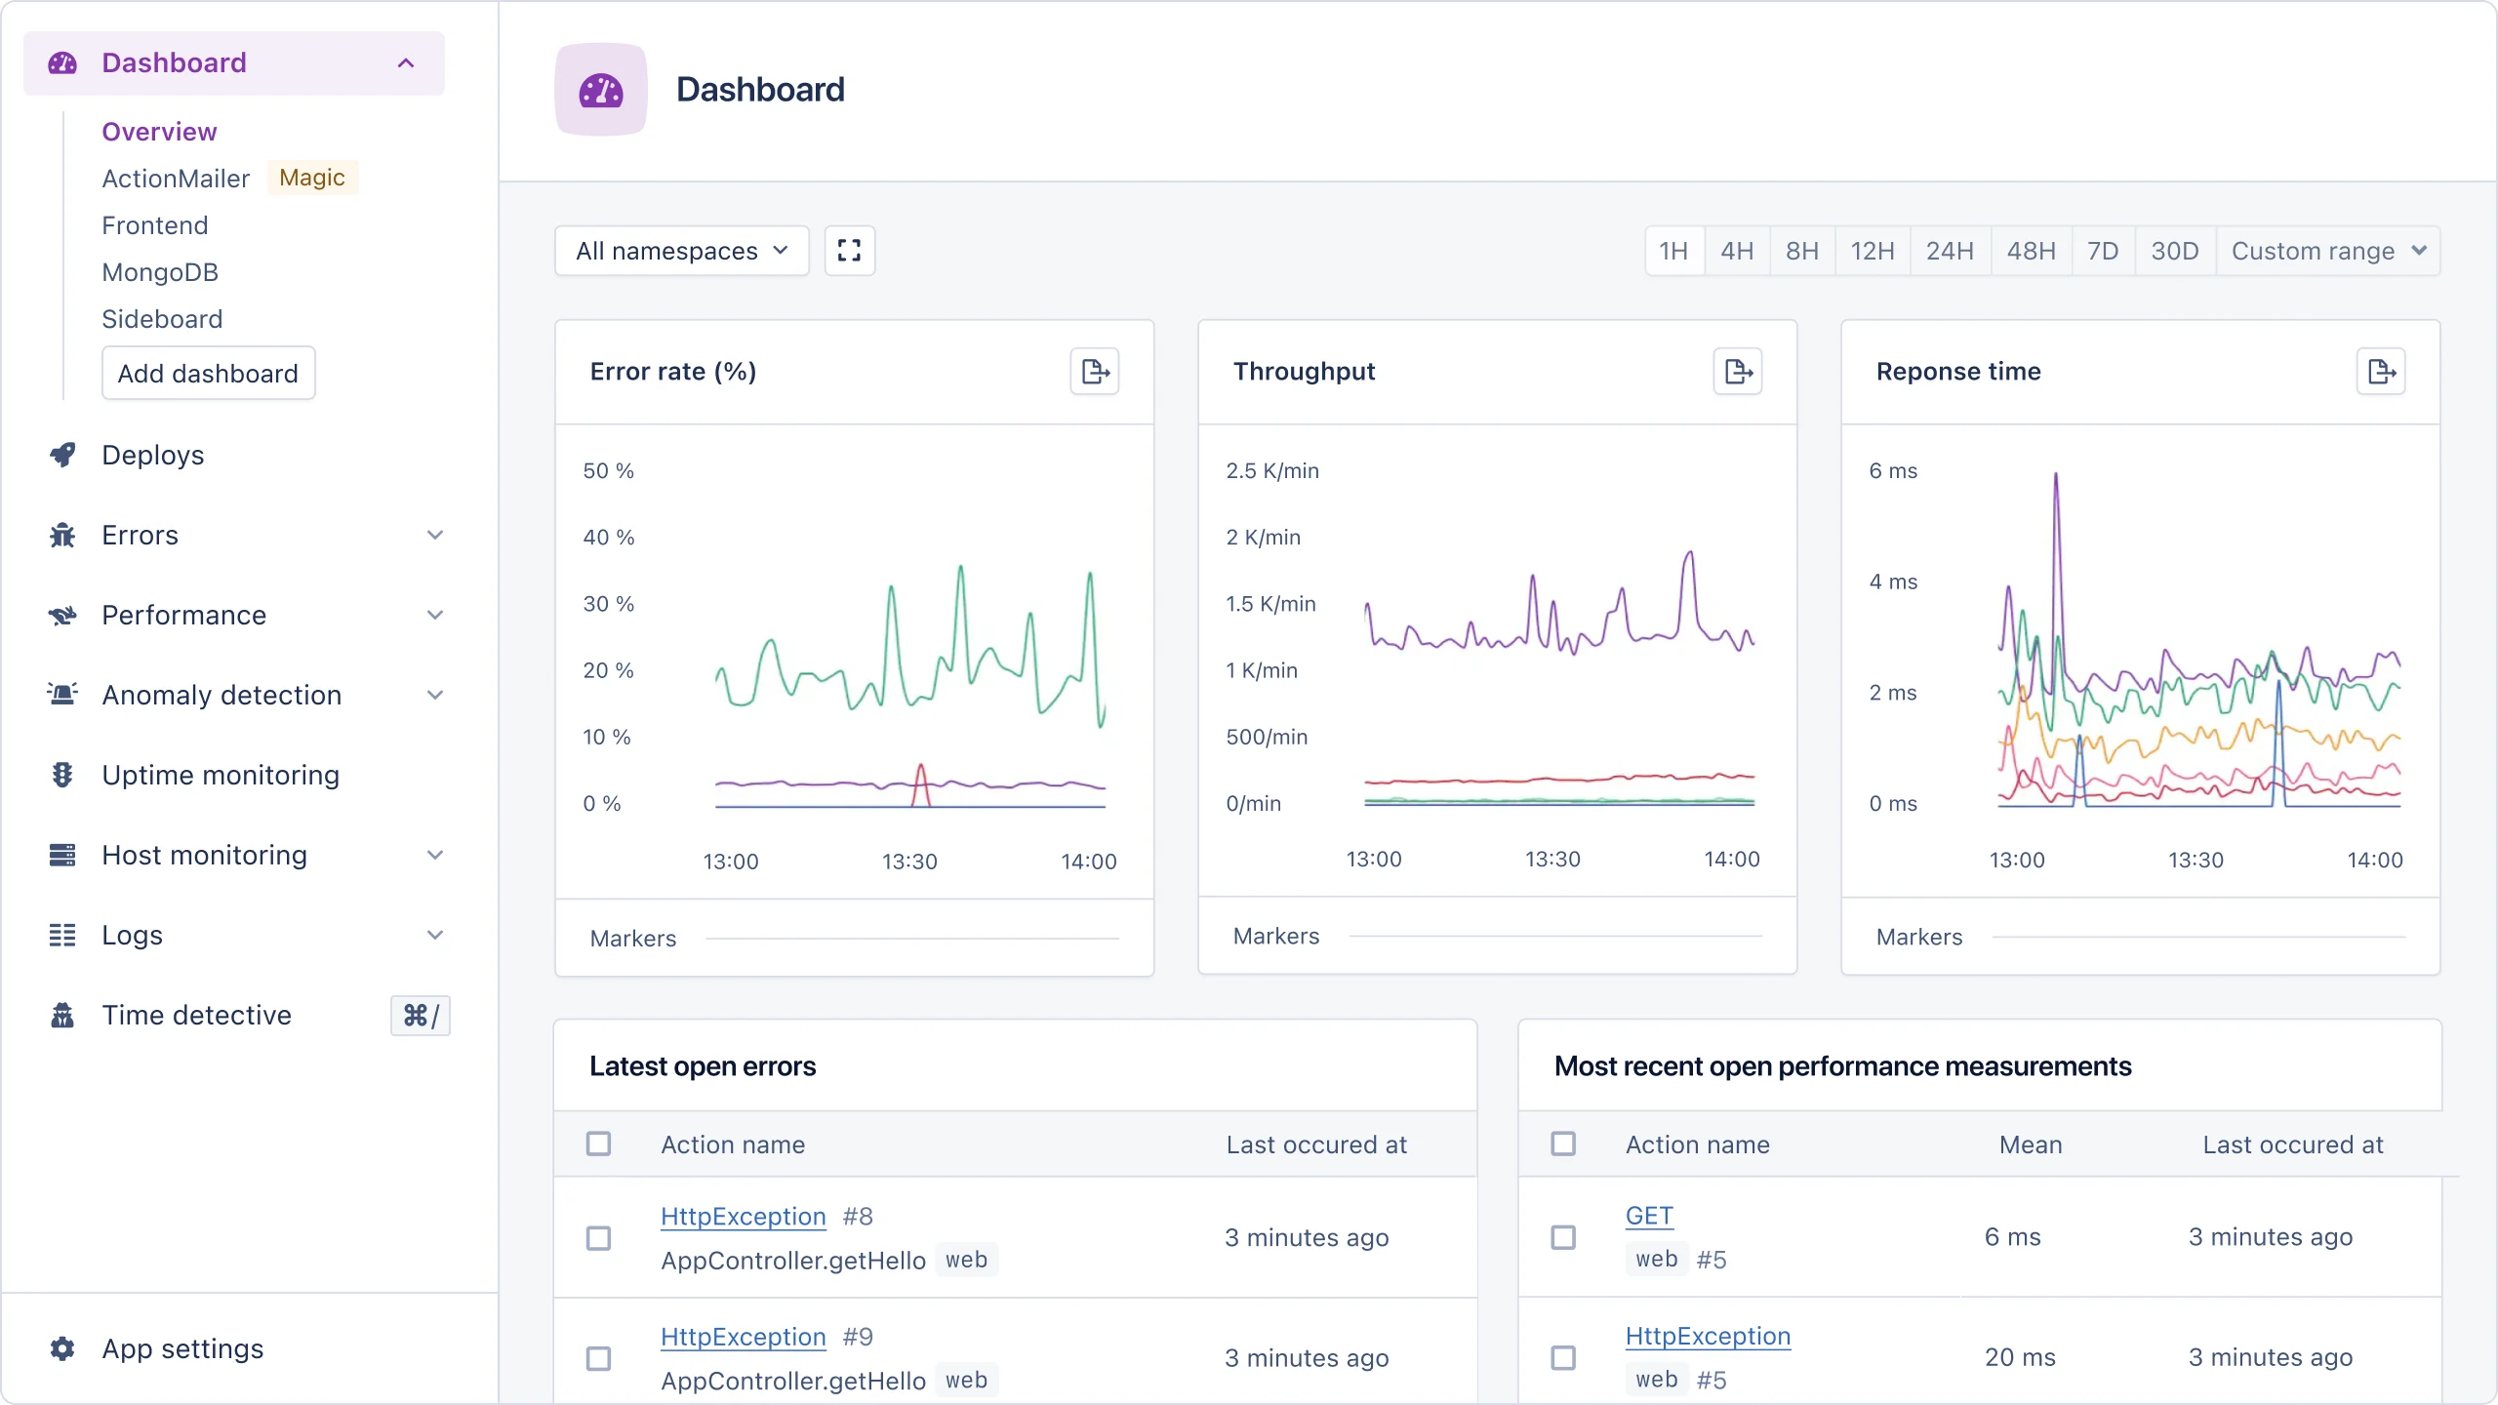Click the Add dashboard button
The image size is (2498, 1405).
[208, 374]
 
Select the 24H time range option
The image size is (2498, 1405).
[1949, 252]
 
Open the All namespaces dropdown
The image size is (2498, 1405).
[681, 252]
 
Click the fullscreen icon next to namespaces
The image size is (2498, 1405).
[849, 252]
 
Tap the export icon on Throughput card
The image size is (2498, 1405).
[1737, 372]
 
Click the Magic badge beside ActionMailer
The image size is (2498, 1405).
[312, 178]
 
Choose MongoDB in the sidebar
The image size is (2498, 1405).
[160, 272]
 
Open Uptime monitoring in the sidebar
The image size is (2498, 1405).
[221, 775]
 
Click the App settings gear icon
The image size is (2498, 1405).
[62, 1348]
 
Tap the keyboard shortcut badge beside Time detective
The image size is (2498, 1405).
[421, 1016]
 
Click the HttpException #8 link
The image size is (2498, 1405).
[743, 1217]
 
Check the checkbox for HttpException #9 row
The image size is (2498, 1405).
[598, 1358]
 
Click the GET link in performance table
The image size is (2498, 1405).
[1649, 1216]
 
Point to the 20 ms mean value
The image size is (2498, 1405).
[2020, 1357]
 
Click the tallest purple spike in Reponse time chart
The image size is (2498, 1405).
[2056, 478]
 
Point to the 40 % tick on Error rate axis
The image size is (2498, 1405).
[608, 538]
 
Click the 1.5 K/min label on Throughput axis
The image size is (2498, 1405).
[1270, 604]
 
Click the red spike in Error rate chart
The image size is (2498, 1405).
[920, 776]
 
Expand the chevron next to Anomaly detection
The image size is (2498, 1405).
[435, 695]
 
